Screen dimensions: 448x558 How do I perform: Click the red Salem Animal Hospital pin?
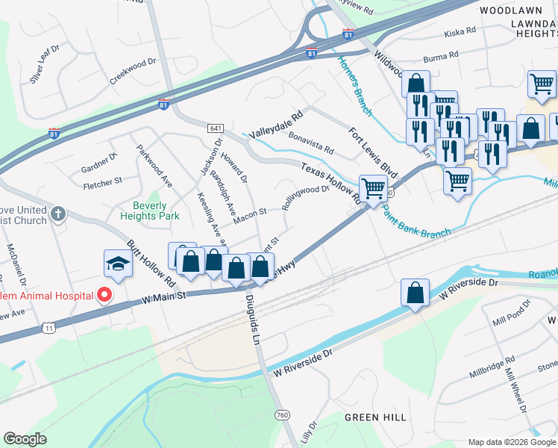coord(104,295)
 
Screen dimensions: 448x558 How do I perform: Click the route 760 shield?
coord(282,414)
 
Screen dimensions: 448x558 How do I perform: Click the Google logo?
coord(25,439)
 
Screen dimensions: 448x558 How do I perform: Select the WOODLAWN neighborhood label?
coord(510,11)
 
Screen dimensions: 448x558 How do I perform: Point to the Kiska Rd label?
coord(460,32)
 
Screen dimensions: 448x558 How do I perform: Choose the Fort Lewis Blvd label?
coord(373,152)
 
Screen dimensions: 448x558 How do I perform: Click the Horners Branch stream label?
coord(354,85)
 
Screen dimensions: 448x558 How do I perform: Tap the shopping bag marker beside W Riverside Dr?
coord(415,294)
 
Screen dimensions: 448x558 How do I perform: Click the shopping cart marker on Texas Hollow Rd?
coord(373,190)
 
